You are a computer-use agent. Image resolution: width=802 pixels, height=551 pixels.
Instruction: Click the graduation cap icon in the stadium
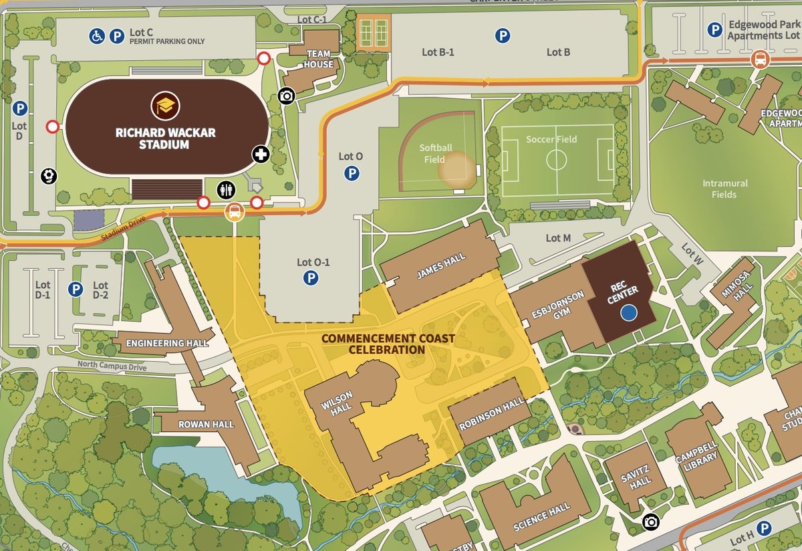[164, 106]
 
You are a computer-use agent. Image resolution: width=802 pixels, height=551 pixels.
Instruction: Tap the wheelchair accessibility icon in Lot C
[97, 37]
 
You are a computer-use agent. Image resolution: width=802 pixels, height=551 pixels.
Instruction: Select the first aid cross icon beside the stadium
[261, 155]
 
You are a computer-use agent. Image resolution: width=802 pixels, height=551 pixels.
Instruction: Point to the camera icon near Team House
[287, 96]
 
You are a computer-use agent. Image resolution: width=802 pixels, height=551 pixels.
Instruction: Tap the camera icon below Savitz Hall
[649, 522]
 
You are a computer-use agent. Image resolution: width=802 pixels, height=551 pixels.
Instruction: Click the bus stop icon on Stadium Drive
[235, 213]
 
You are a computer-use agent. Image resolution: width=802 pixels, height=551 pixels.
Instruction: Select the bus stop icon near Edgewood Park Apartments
[760, 60]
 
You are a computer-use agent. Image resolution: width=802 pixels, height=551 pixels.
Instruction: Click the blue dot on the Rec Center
[628, 312]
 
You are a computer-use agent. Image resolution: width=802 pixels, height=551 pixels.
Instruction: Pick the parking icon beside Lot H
[764, 529]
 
